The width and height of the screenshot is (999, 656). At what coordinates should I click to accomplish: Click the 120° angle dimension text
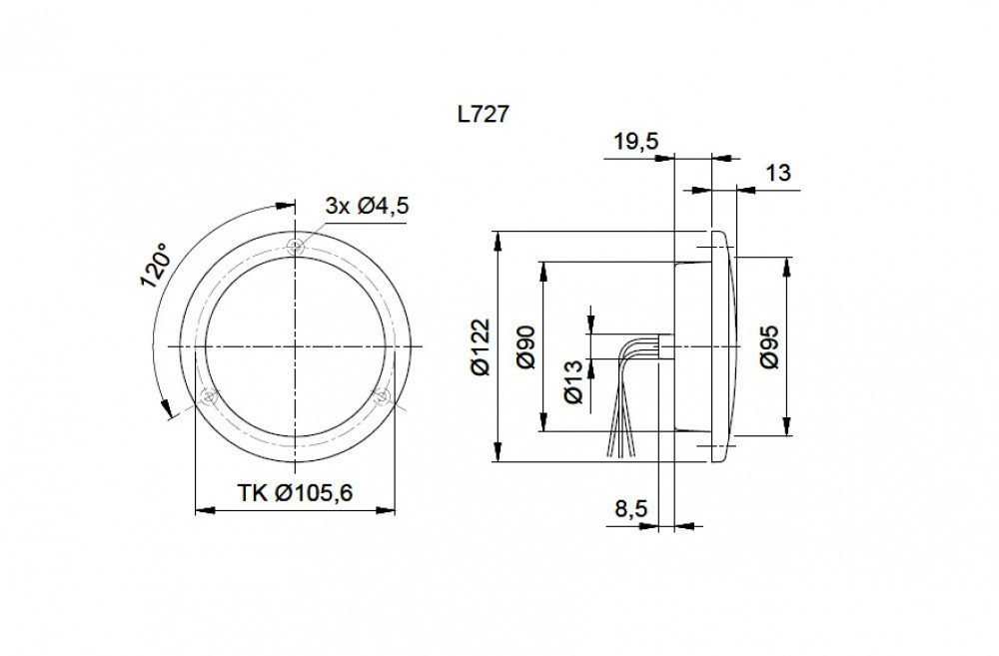(x=156, y=268)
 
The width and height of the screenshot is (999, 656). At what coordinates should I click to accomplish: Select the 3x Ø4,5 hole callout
(x=368, y=207)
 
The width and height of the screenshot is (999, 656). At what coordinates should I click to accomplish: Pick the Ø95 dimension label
(x=770, y=346)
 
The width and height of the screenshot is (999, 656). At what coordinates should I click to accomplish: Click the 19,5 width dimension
(x=634, y=142)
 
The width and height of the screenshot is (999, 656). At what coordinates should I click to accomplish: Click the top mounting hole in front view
(x=295, y=247)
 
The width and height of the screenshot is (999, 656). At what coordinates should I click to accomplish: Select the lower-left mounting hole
(x=209, y=396)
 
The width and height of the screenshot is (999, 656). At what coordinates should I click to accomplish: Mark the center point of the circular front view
(x=295, y=346)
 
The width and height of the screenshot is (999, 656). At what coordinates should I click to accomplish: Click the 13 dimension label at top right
(x=779, y=173)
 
